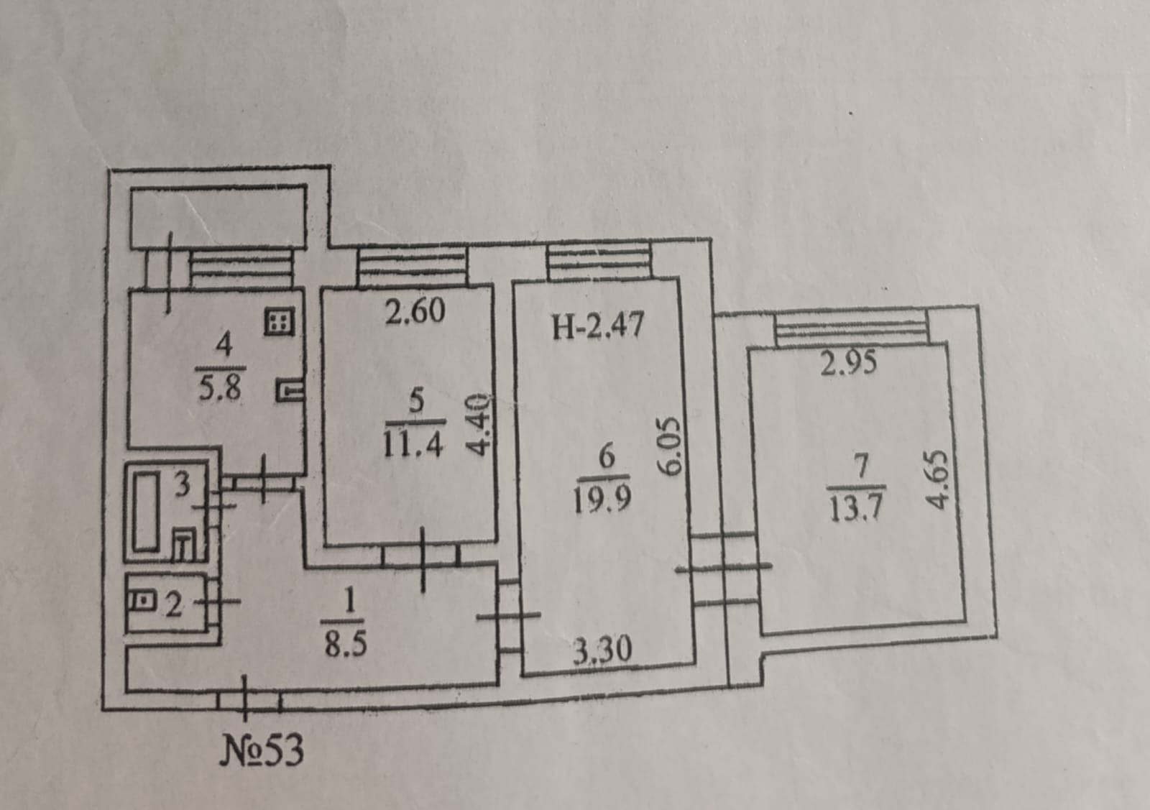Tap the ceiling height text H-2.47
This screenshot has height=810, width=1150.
pos(598,326)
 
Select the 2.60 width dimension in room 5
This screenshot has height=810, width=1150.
pos(415,312)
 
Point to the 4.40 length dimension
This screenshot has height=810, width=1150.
pos(480,425)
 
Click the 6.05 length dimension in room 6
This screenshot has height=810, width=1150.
pos(669,446)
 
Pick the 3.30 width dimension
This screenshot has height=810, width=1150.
pos(602,650)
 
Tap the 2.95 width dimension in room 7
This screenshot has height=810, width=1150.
pos(849,363)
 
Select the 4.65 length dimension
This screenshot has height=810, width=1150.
pos(938,480)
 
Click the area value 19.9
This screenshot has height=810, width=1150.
pos(602,496)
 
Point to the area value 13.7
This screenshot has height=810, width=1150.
pos(855,507)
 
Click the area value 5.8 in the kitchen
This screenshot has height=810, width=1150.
pos(220,389)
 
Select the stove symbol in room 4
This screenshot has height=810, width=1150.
pos(280,323)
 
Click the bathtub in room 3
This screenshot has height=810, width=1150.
pos(146,511)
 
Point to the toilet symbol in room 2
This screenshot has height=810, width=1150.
pos(144,598)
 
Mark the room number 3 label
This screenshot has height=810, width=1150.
pos(183,485)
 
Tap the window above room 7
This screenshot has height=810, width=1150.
pos(850,330)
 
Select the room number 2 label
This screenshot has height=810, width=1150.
pos(173,606)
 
